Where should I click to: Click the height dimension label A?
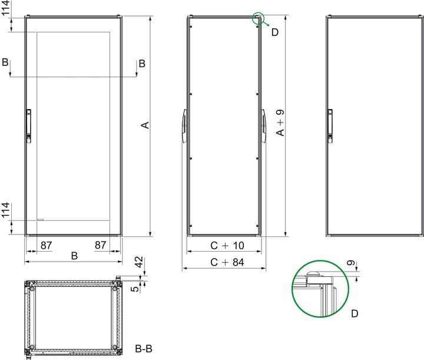coord(144,125)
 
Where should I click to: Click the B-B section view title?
coord(144,348)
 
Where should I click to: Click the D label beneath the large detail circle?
coord(355,314)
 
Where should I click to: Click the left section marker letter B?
coord(5,63)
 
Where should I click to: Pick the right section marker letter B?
coord(141,63)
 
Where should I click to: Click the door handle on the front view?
coord(28,125)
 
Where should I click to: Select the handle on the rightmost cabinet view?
coord(330,125)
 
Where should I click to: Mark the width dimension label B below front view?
coord(74,256)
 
